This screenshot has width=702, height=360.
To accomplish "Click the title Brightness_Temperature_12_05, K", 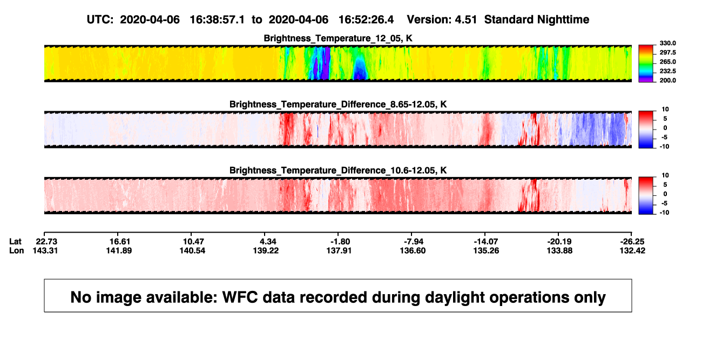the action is coord(338,38).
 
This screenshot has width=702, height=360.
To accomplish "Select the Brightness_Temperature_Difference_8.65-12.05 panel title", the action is coord(338,104).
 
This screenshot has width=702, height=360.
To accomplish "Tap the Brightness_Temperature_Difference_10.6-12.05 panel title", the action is coord(338,171).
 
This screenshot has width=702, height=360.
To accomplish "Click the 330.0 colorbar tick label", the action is coord(667,43).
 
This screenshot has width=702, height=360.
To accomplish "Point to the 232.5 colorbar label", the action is coord(667,71).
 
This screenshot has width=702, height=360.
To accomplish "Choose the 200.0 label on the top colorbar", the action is coord(667,80).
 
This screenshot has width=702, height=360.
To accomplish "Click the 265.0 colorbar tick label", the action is coord(667,62).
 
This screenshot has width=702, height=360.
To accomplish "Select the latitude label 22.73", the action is coord(46,242).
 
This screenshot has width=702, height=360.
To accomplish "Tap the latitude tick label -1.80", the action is coord(340,242).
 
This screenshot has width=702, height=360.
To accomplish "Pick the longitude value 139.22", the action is coord(266,250).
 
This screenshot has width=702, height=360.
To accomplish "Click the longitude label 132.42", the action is coord(632,250).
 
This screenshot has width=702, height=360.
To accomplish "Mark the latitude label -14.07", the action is coord(487,242).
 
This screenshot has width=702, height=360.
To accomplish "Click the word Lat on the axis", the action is coord(15,242).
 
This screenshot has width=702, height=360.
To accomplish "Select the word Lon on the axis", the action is coord(16,250).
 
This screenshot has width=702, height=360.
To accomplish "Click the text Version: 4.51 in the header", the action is coord(442,20).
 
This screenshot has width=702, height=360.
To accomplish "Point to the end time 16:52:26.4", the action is coord(366,20).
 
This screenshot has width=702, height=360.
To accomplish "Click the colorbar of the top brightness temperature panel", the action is coord(646,64).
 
